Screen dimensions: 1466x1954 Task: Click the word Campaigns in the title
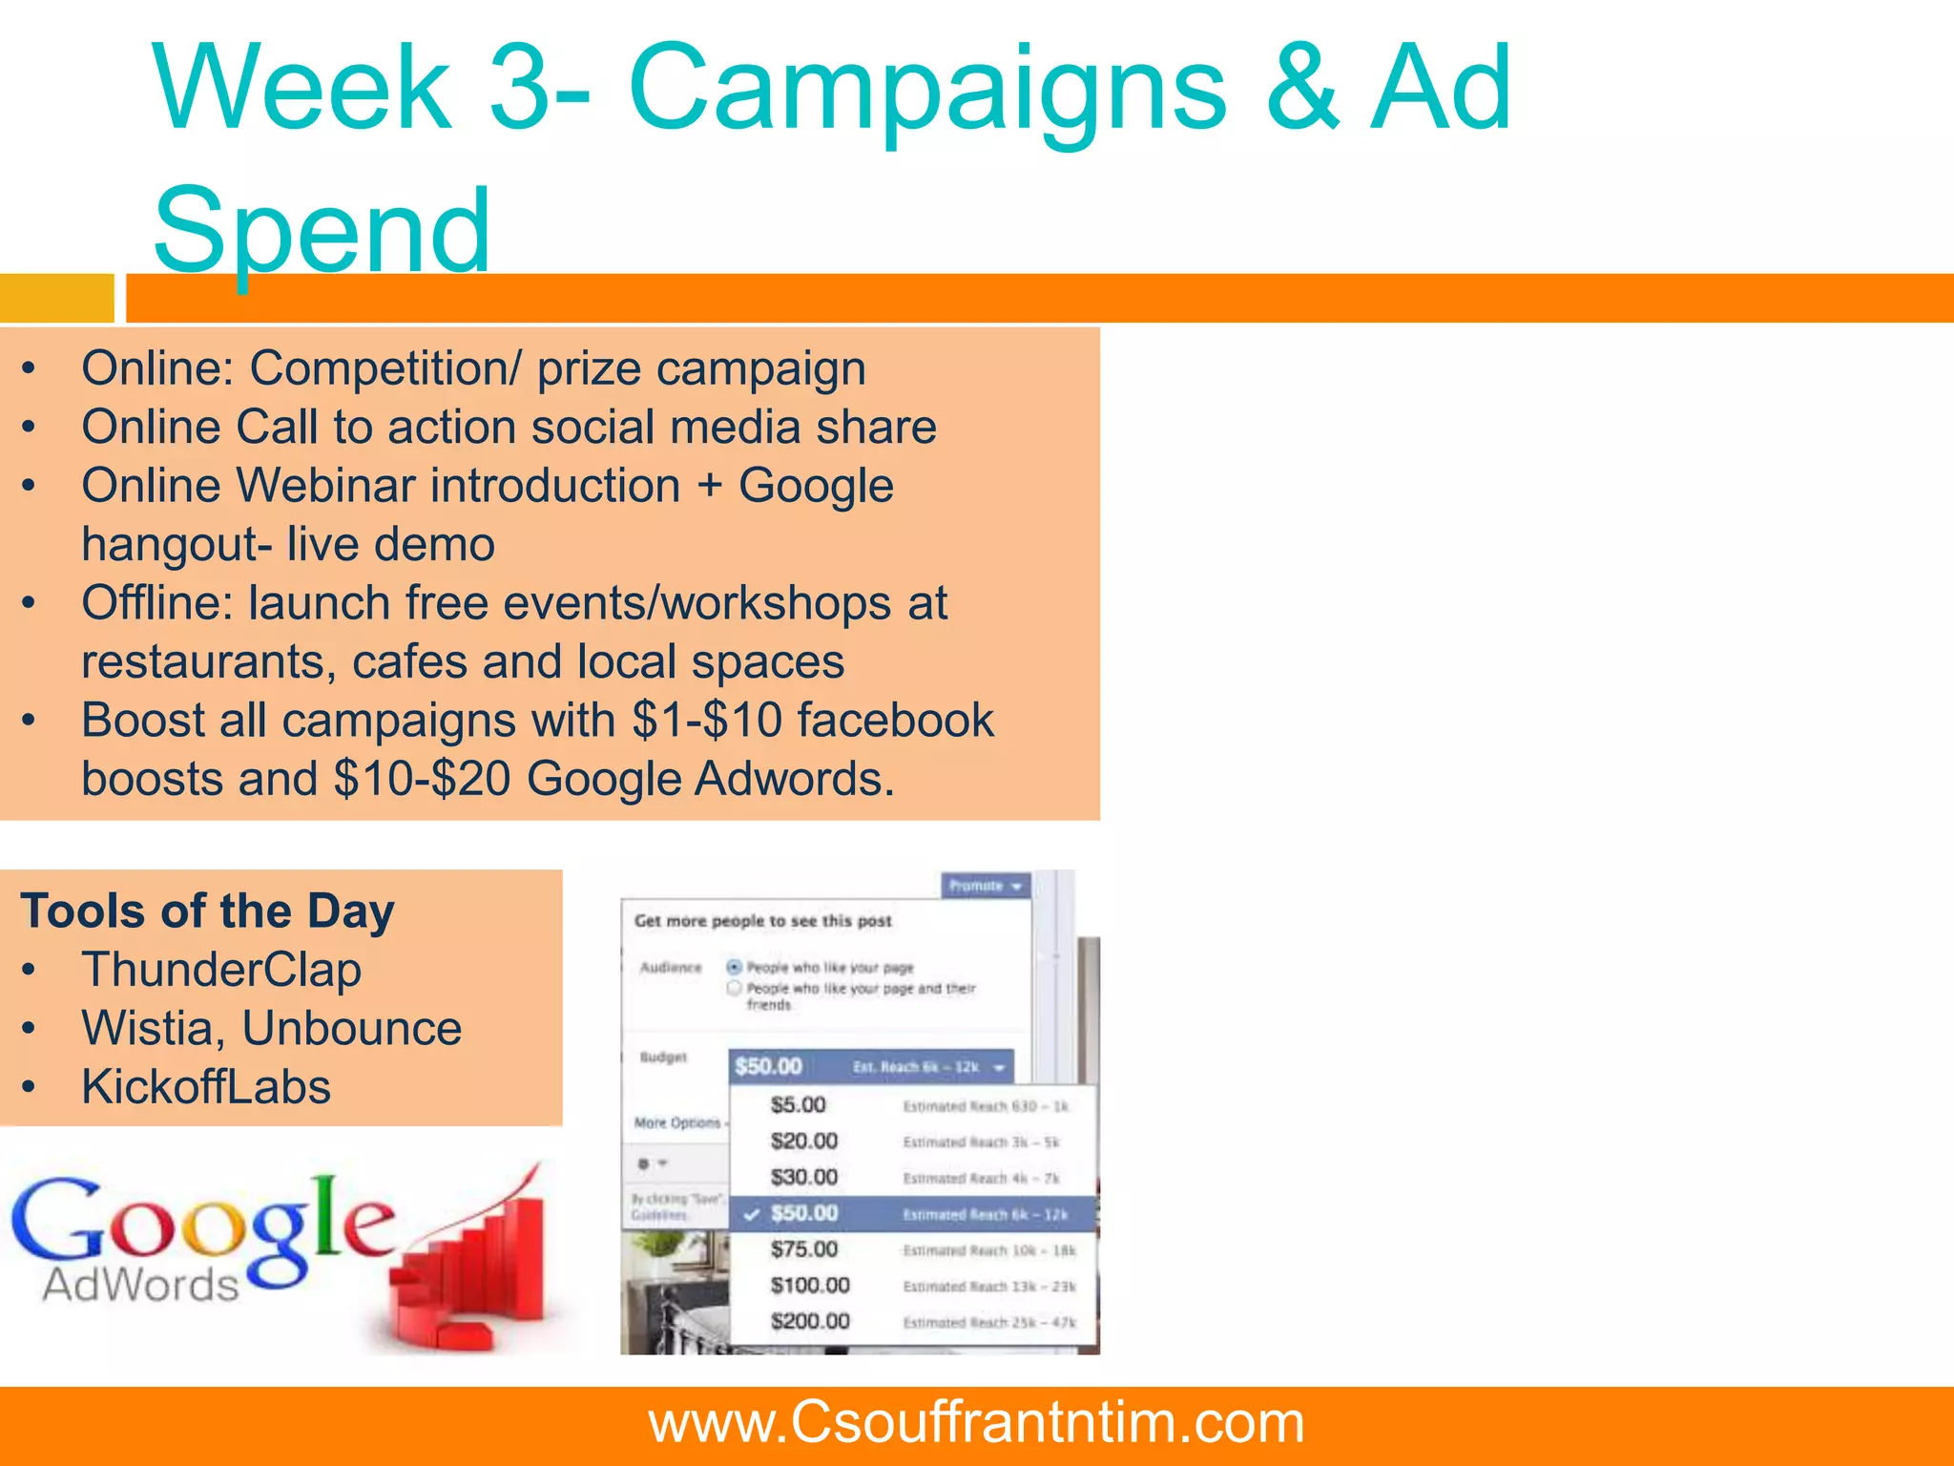click(925, 91)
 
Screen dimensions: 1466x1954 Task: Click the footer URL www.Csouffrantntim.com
click(976, 1422)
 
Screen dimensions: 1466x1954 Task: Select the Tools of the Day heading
click(207, 911)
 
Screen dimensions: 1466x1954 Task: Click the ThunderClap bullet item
click(221, 970)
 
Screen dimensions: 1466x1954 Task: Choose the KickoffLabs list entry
click(206, 1087)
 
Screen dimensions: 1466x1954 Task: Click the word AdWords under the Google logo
click(140, 1286)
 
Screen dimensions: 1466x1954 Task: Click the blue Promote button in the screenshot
click(985, 886)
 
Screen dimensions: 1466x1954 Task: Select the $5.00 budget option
click(798, 1105)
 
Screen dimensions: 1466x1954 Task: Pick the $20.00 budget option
click(803, 1141)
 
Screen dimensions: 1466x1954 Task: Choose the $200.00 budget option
click(810, 1322)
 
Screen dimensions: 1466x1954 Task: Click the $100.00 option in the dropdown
click(810, 1286)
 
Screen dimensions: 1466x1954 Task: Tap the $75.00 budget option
click(803, 1249)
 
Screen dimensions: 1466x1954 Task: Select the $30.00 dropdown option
click(803, 1178)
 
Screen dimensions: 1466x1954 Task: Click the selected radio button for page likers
click(734, 967)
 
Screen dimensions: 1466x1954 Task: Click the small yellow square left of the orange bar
click(56, 298)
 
